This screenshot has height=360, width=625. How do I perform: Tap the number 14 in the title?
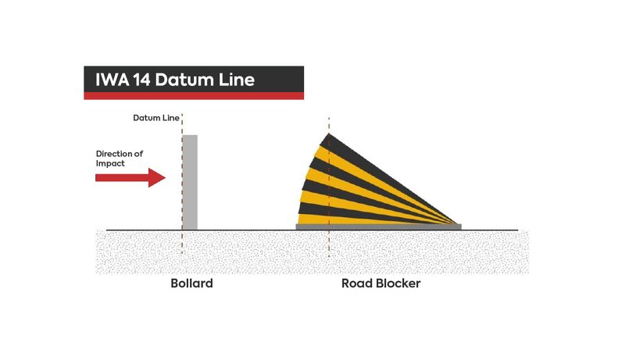(x=142, y=80)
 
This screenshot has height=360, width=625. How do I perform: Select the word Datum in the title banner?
(x=184, y=80)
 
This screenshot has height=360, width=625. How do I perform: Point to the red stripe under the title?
(x=194, y=96)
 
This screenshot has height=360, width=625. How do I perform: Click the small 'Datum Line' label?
(x=155, y=118)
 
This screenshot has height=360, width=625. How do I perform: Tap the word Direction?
(x=114, y=154)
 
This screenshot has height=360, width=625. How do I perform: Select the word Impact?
(x=110, y=164)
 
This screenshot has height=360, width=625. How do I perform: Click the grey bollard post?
(x=190, y=183)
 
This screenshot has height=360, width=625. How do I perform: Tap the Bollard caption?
(x=191, y=283)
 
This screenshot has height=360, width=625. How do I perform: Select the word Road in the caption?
(x=357, y=283)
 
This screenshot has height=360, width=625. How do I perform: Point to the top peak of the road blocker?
(x=329, y=134)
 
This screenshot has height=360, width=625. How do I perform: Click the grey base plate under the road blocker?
(x=379, y=226)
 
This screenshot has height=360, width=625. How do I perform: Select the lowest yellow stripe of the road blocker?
(x=359, y=219)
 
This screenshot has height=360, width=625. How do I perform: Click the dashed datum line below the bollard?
(x=182, y=242)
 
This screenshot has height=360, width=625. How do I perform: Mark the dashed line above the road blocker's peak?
(x=329, y=125)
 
